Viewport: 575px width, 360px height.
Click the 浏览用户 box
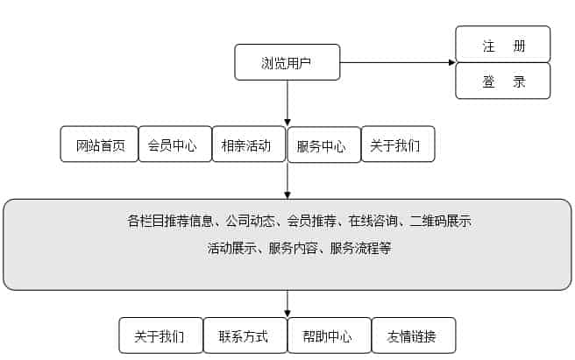coord(287,62)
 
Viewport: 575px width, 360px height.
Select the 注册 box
coord(503,45)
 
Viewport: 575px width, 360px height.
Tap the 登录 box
coord(503,81)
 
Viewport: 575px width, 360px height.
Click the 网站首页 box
coord(100,145)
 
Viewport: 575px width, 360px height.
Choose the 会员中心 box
coord(174,145)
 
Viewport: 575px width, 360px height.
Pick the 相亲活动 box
coord(248,145)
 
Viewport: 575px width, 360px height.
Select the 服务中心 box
coord(323,146)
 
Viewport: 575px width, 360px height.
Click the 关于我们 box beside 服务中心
coord(397,145)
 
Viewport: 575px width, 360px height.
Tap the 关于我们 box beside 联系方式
coord(160,335)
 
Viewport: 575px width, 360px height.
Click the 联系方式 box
coord(243,335)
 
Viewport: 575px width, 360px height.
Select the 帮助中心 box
coord(328,335)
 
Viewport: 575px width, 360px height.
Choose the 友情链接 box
coord(412,335)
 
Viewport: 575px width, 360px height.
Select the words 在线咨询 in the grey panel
coord(373,222)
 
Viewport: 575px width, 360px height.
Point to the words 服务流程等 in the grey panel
coord(360,248)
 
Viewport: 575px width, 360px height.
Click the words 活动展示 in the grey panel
coord(231,248)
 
